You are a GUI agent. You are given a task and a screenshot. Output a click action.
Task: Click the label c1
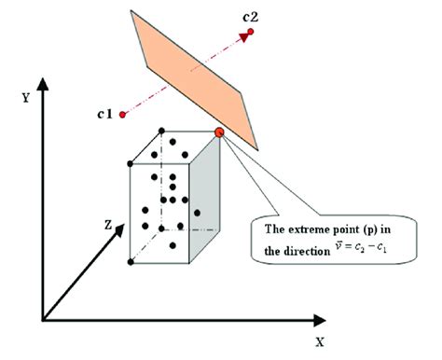pos(104,114)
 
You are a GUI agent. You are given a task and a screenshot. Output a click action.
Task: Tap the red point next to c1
pos(123,116)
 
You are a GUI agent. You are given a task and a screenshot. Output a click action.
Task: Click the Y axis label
pos(26,95)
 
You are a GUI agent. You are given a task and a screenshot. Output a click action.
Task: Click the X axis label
pos(319,342)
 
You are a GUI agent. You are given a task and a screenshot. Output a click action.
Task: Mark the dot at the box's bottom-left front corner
pos(131,262)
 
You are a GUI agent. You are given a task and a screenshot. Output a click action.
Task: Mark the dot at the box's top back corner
pos(162,131)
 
